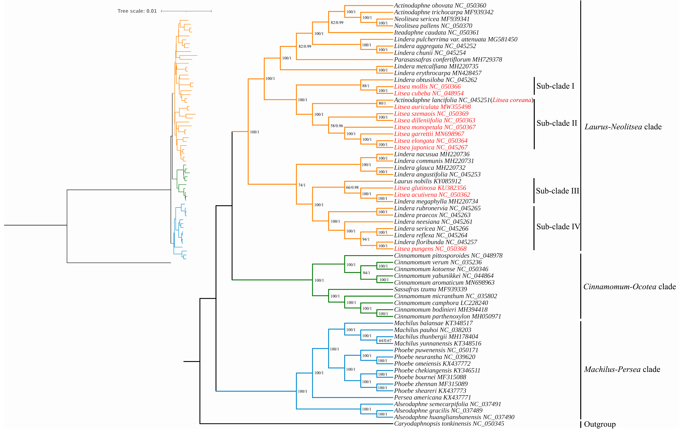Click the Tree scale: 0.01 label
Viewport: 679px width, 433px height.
[137, 11]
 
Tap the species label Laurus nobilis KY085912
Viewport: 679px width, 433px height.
[427, 181]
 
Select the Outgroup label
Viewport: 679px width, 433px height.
[600, 424]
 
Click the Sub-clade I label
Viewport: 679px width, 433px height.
[555, 86]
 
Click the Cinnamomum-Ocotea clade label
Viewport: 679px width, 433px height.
[629, 287]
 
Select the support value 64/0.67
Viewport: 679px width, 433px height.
[385, 341]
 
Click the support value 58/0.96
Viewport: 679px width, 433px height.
[337, 126]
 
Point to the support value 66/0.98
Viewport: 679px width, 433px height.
[352, 187]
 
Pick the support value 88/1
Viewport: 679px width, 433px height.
[366, 86]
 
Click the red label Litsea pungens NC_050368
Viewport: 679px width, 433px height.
[430, 249]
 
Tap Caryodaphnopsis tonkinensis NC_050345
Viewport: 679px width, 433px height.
[449, 424]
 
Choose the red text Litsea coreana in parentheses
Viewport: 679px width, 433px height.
[512, 100]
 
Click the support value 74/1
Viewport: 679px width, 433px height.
[302, 185]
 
